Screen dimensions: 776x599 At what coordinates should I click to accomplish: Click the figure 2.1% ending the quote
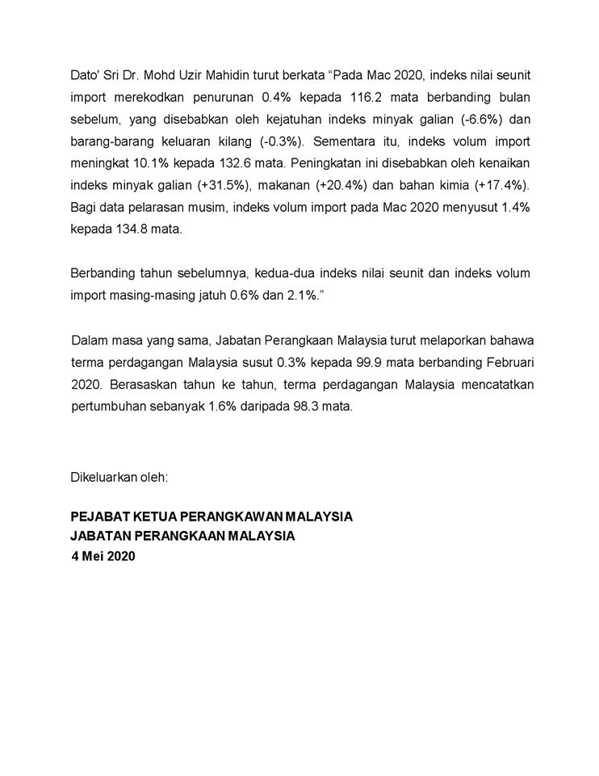coord(304,295)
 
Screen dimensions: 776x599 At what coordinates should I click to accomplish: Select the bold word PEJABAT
coord(100,517)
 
